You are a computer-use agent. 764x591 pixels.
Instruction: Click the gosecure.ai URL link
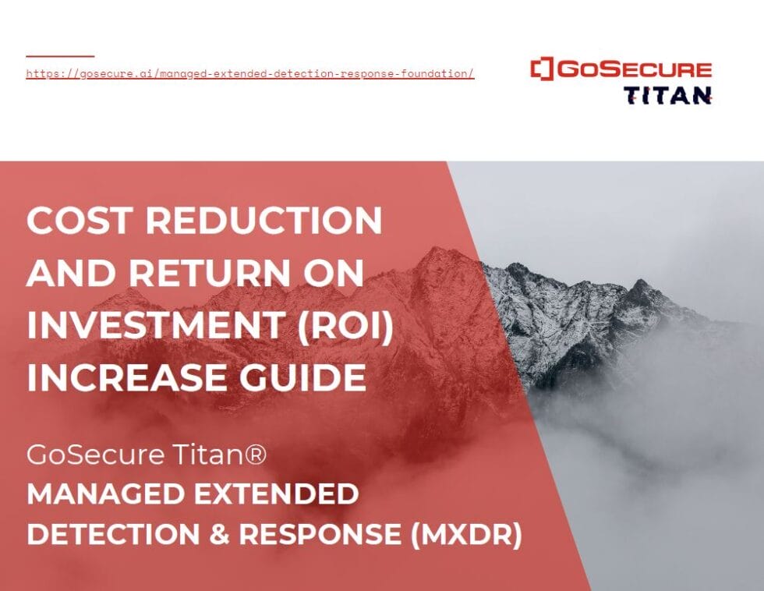[x=249, y=74]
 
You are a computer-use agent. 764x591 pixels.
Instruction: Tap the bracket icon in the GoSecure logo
[x=541, y=69]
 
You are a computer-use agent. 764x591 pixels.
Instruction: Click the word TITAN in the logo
[x=667, y=95]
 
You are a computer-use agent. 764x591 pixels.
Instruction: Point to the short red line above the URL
[x=60, y=56]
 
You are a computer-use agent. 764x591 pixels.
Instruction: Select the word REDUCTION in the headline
[x=264, y=221]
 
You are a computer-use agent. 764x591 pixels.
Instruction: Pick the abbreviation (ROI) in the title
[x=345, y=325]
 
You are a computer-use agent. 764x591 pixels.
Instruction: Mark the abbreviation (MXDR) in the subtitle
[x=471, y=535]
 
